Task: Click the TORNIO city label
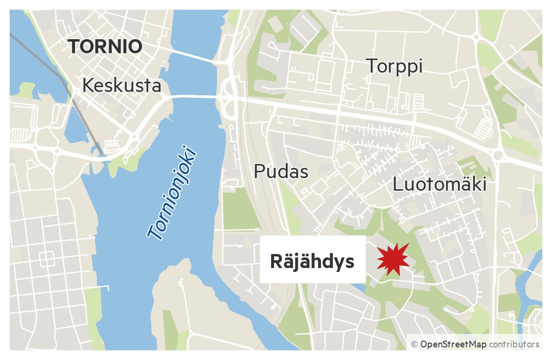click(105, 47)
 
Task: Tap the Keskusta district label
click(122, 86)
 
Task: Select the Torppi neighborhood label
click(394, 66)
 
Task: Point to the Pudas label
click(281, 171)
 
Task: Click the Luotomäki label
click(439, 184)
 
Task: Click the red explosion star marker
click(393, 260)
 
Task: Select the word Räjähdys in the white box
click(312, 262)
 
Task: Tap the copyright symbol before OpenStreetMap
click(414, 345)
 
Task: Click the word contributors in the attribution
click(514, 345)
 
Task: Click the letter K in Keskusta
click(88, 86)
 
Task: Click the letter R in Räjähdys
click(275, 262)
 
